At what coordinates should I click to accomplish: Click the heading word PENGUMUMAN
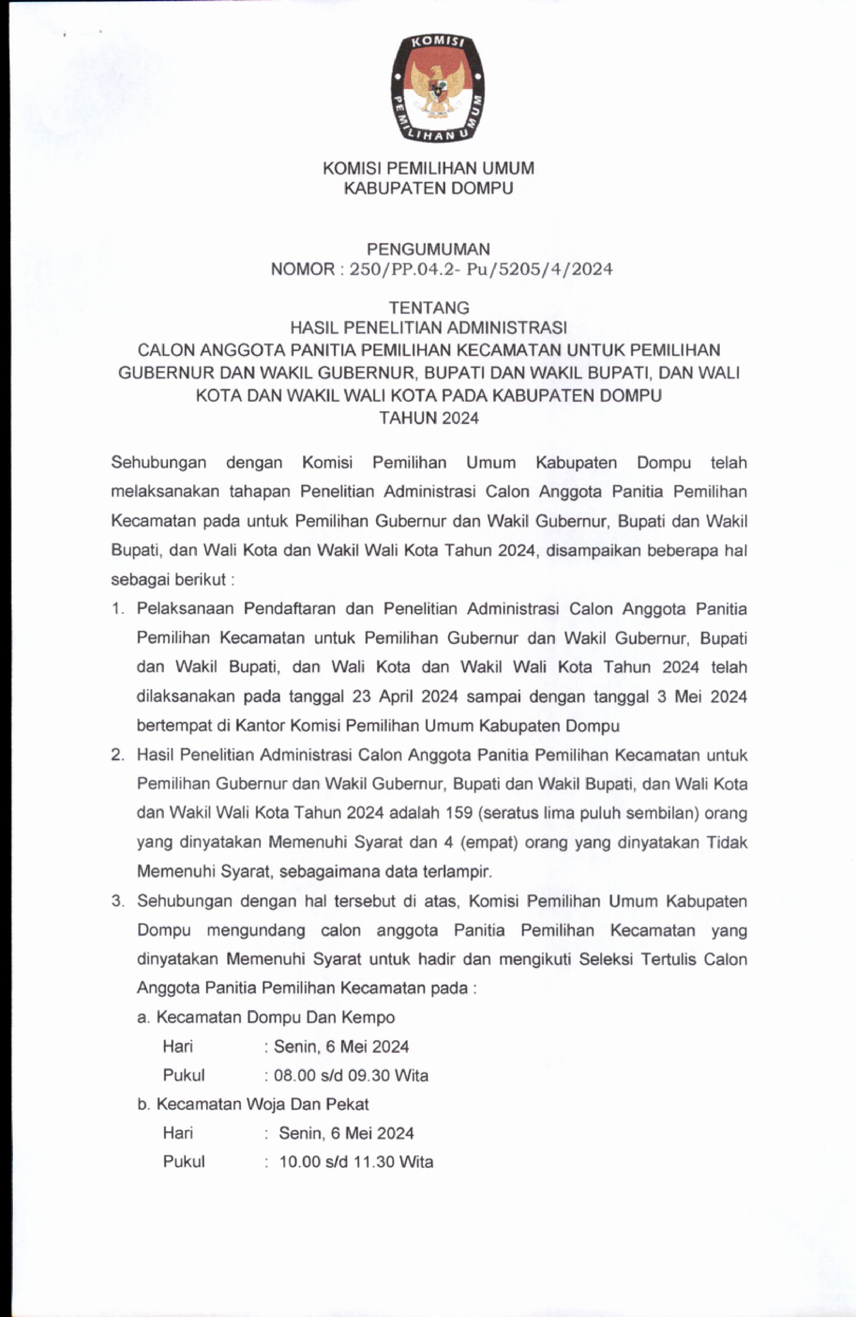pyautogui.click(x=429, y=249)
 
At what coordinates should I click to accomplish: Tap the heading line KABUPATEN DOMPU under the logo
pyautogui.click(x=429, y=189)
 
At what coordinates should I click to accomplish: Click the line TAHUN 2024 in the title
pyautogui.click(x=429, y=418)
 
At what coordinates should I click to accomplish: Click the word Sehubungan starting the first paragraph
pyautogui.click(x=159, y=463)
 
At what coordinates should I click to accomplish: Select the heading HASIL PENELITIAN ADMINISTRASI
pyautogui.click(x=429, y=328)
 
